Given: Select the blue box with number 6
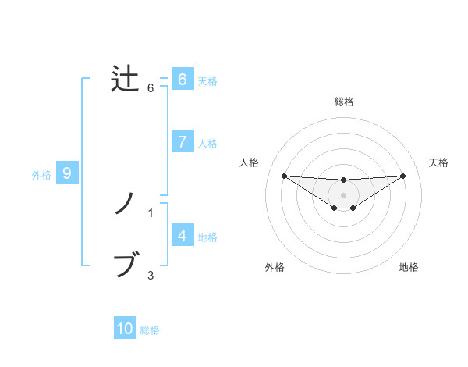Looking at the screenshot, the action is [182, 79].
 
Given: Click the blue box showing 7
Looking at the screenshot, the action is [182, 142].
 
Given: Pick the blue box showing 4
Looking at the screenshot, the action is [182, 236].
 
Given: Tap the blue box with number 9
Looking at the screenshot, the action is [67, 173].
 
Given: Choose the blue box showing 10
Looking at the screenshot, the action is [125, 329].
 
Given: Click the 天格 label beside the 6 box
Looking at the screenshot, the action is [207, 80].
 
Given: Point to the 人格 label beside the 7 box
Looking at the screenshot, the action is [207, 144].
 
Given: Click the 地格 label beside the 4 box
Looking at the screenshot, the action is [207, 237].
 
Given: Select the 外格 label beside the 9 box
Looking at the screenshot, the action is [41, 175].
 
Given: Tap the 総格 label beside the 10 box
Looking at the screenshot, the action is [150, 330].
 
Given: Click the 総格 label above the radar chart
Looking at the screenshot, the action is [344, 102].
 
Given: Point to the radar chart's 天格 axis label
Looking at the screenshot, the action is [438, 162].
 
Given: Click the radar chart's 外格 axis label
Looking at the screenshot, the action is [275, 267].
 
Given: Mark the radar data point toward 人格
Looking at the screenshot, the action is [284, 176].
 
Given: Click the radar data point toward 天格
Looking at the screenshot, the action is [403, 176].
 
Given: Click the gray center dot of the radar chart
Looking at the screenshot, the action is [343, 194].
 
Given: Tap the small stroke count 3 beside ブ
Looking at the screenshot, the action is [151, 275].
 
